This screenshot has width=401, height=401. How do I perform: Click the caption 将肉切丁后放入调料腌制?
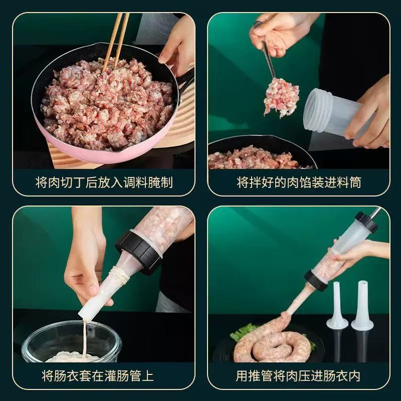[104, 182]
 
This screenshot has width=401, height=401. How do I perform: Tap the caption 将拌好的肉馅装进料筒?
[299, 182]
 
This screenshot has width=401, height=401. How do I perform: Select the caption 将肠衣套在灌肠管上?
[104, 375]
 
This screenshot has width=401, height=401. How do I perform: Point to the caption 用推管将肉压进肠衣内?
[299, 375]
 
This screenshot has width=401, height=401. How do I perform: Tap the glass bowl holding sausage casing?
[70, 341]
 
